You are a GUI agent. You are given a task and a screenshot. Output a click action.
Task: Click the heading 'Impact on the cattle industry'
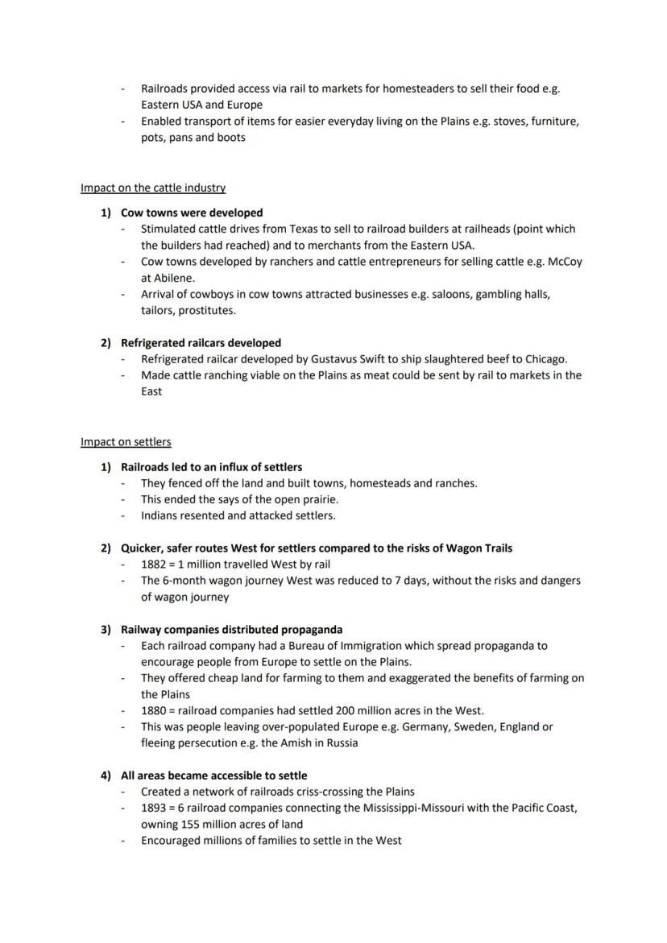tap(153, 188)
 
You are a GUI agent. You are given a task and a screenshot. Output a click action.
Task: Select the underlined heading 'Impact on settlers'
tap(126, 441)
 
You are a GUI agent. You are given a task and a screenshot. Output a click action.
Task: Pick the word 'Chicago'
tap(545, 358)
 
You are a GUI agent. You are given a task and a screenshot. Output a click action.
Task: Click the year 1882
tap(155, 564)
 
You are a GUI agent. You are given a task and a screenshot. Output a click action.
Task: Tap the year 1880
tap(155, 710)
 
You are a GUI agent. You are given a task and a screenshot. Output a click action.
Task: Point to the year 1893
tap(155, 807)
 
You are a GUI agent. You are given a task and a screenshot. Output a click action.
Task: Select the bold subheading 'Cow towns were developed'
tap(192, 213)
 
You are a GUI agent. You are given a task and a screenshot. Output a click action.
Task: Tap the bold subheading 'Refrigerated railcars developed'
tap(201, 342)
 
